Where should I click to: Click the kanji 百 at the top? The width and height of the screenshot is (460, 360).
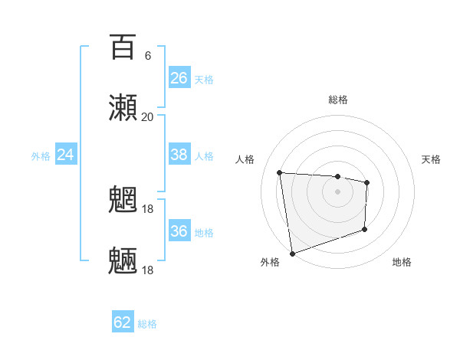click(x=123, y=47)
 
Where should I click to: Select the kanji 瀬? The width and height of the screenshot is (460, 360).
click(x=123, y=108)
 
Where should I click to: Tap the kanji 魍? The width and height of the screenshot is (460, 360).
click(x=123, y=201)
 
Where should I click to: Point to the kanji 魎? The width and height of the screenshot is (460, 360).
click(x=123, y=261)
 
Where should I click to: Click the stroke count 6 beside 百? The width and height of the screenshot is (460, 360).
click(x=147, y=56)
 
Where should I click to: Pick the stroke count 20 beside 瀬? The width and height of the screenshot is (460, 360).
click(x=147, y=116)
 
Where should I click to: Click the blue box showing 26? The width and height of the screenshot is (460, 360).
click(x=179, y=78)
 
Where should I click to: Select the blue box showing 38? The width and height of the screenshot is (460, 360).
click(x=179, y=155)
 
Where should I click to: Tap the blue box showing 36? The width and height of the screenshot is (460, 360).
click(x=179, y=231)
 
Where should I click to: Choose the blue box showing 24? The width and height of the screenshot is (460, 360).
click(x=66, y=155)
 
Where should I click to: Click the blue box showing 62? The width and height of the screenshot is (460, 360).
click(x=123, y=322)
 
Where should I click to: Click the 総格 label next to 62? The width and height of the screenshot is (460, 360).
click(x=147, y=324)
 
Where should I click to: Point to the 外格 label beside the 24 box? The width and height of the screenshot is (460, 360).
click(x=41, y=156)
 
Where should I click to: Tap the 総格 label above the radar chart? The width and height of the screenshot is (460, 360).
click(x=338, y=100)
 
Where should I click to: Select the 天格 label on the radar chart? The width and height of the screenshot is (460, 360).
click(x=431, y=159)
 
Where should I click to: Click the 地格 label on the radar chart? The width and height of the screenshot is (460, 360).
click(x=402, y=262)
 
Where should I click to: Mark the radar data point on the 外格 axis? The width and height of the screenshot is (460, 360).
click(x=292, y=253)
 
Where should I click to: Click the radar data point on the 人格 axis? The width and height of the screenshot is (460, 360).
click(x=280, y=172)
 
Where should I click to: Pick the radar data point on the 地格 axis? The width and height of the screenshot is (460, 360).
click(x=365, y=229)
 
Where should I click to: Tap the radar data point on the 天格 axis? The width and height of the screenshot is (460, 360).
click(x=367, y=182)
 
